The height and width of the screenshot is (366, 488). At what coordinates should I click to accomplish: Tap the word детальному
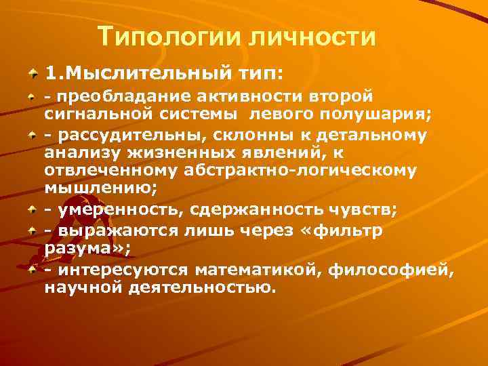click(364, 135)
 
